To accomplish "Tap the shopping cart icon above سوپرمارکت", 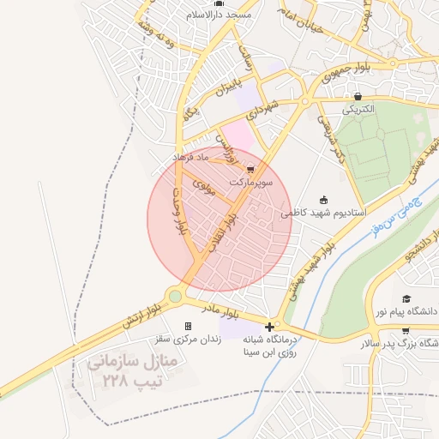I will tap(250, 169).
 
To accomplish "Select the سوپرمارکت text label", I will tap(250, 183).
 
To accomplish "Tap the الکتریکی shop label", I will tap(358, 110).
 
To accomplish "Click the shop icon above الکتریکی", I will tap(358, 96).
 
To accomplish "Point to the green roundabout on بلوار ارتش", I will tap(175, 297).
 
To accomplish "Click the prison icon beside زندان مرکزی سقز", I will tap(189, 326).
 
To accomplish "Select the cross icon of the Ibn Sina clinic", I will tap(270, 326).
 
